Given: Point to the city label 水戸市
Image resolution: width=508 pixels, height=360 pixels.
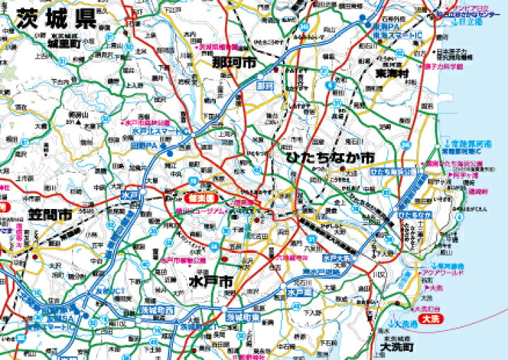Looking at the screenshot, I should (x=211, y=281).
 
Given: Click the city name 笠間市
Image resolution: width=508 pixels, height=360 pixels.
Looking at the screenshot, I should (x=50, y=214).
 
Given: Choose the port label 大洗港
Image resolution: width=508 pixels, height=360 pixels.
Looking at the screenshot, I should (x=404, y=323).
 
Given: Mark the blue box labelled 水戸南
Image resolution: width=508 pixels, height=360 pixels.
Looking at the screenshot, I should (x=299, y=291).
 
